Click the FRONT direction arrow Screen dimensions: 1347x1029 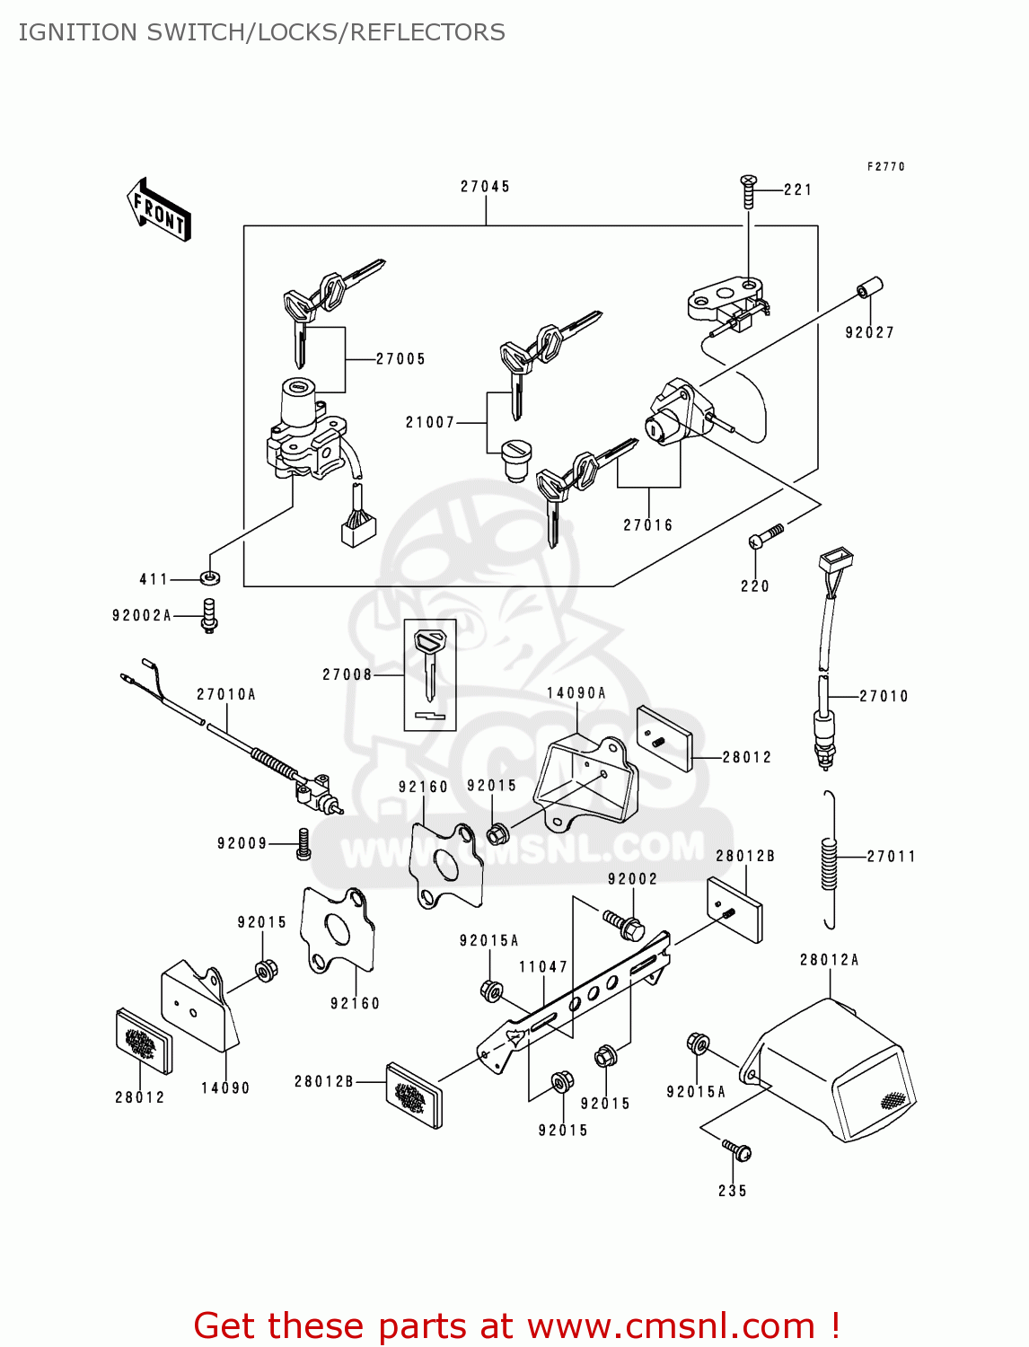pyautogui.click(x=159, y=209)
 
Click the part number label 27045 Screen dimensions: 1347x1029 pyautogui.click(x=485, y=187)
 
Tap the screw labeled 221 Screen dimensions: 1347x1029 pyautogui.click(x=748, y=190)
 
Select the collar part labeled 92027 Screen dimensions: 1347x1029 pyautogui.click(x=869, y=289)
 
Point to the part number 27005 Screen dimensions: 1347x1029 pyautogui.click(x=400, y=359)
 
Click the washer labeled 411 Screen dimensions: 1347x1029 pyautogui.click(x=210, y=578)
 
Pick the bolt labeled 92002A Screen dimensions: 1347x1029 pyautogui.click(x=209, y=616)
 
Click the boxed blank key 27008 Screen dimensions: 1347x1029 pyautogui.click(x=430, y=673)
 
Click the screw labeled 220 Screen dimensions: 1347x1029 pyautogui.click(x=765, y=537)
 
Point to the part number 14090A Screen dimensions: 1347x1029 pyautogui.click(x=576, y=693)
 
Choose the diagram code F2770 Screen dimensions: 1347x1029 pyautogui.click(x=886, y=167)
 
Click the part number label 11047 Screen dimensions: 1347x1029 pyautogui.click(x=542, y=967)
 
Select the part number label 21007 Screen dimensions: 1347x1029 pyautogui.click(x=430, y=422)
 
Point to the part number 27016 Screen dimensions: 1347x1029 pyautogui.click(x=647, y=525)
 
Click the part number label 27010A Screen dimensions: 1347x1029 pyautogui.click(x=226, y=694)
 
